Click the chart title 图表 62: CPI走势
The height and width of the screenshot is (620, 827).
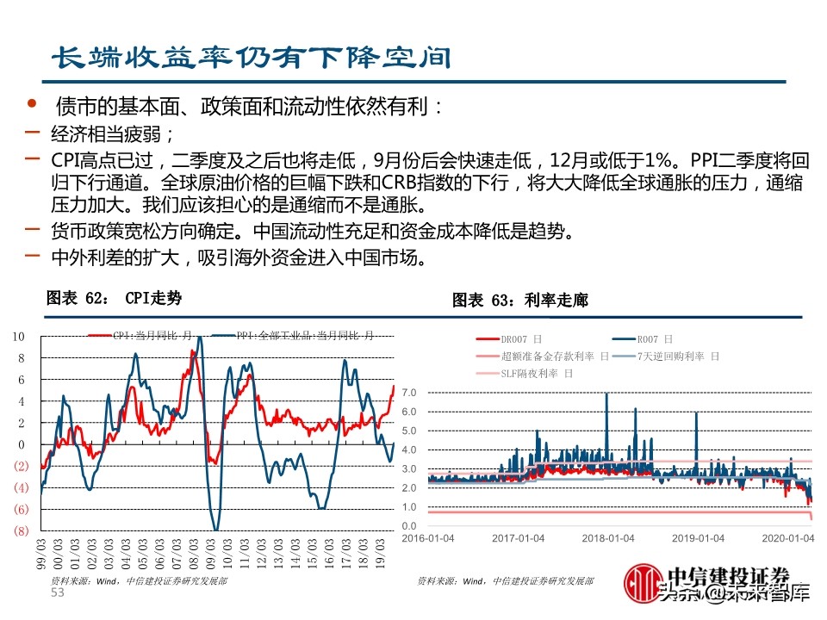(115, 299)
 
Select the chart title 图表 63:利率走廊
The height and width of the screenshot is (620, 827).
(520, 301)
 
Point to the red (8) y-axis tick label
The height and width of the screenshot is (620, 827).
(20, 531)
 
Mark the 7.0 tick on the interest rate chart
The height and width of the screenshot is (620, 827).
(409, 393)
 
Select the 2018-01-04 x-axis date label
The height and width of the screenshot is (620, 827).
(608, 537)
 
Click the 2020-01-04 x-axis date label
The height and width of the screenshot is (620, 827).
(790, 537)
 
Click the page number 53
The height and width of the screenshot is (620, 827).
(58, 593)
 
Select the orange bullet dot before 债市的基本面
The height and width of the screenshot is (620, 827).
(32, 104)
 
